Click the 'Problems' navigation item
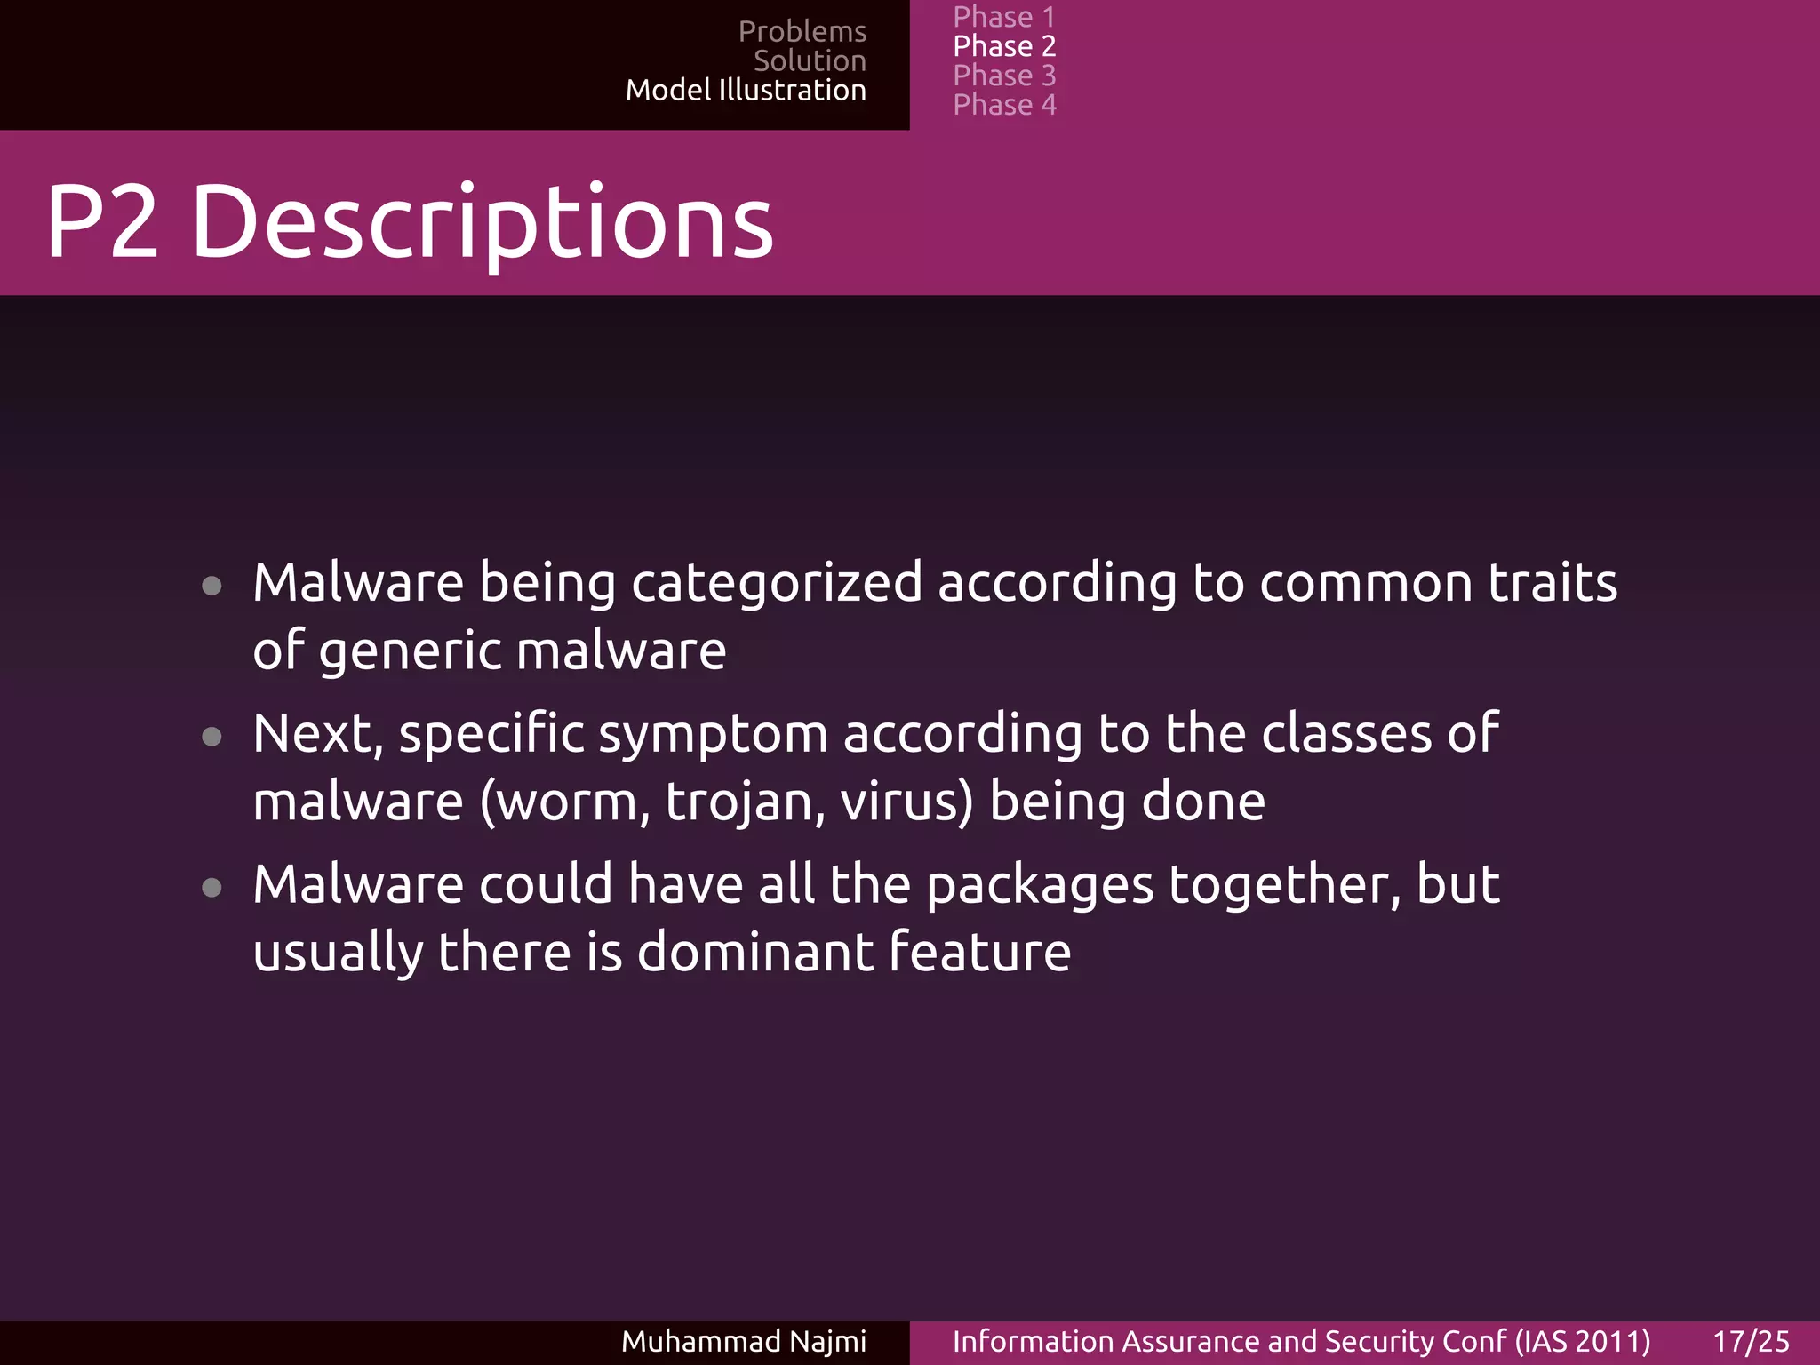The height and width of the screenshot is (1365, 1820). (802, 32)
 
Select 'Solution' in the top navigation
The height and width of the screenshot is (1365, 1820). (810, 61)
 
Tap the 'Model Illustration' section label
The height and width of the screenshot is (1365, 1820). (746, 91)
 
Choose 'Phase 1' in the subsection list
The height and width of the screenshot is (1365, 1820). (1004, 17)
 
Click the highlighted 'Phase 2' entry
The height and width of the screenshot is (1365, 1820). (1004, 46)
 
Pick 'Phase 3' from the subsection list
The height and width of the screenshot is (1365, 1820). (1004, 76)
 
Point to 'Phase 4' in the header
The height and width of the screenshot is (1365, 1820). (1004, 105)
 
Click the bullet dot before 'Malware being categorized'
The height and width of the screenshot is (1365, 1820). (212, 586)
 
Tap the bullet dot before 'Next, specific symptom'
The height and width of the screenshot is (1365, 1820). (212, 737)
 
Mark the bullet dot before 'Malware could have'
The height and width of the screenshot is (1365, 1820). (212, 887)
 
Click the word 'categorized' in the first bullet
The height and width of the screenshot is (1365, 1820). (777, 585)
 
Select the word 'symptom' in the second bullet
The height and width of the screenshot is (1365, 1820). (713, 736)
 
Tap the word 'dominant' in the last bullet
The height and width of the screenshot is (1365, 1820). (754, 952)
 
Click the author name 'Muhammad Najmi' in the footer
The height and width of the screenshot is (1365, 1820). (743, 1341)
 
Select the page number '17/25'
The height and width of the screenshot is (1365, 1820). (1751, 1341)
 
